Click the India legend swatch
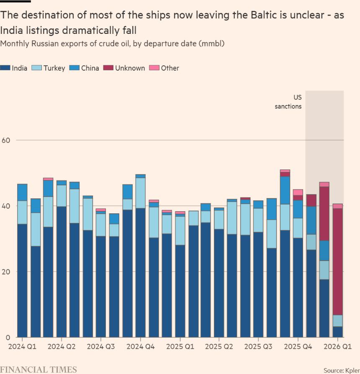click(x=5, y=68)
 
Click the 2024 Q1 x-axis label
click(x=22, y=347)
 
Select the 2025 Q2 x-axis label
click(x=219, y=347)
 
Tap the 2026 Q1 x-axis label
click(x=338, y=347)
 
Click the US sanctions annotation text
click(x=288, y=102)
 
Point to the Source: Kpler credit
click(x=341, y=370)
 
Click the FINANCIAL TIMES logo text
click(x=39, y=369)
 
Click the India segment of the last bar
click(x=337, y=332)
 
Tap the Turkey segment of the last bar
click(x=337, y=321)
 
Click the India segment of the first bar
click(x=22, y=280)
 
